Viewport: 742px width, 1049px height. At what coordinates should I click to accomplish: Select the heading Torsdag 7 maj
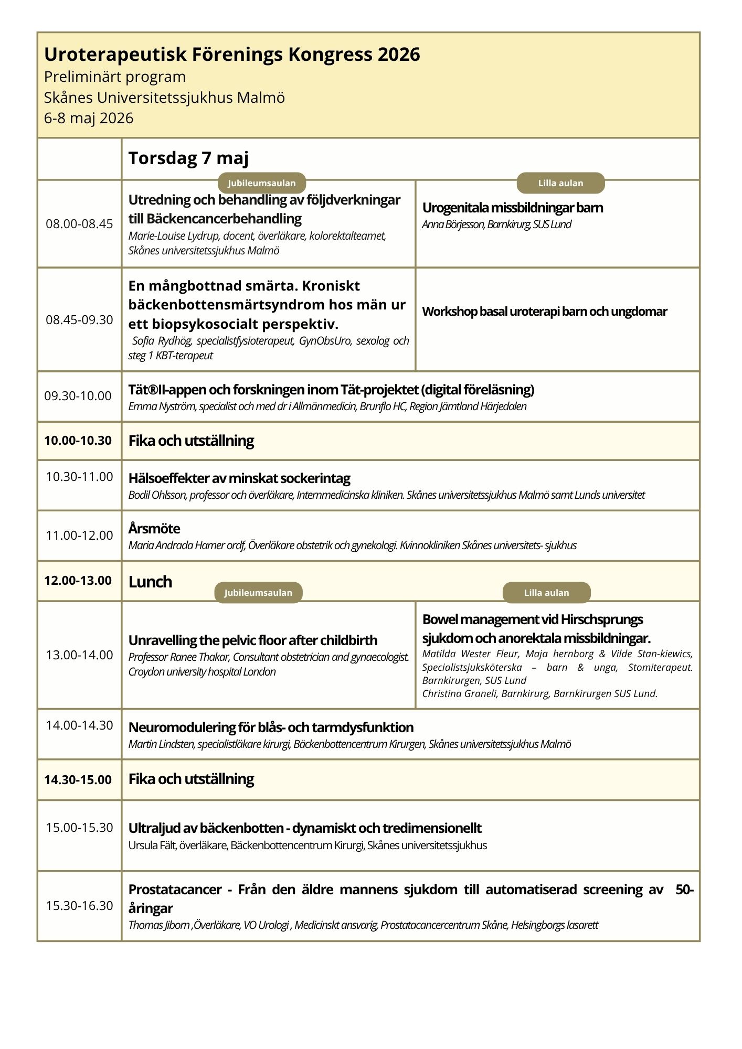[x=188, y=158]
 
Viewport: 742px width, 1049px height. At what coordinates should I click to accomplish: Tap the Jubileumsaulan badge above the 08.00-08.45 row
[x=261, y=183]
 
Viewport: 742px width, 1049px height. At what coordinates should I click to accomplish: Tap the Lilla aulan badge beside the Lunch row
[x=546, y=593]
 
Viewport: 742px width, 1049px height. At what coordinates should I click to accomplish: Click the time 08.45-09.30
[x=79, y=320]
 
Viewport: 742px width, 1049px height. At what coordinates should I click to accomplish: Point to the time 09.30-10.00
[x=78, y=396]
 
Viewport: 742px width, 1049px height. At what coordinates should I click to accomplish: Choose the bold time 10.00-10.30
[x=78, y=441]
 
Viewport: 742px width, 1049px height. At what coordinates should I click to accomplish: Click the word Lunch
[x=150, y=582]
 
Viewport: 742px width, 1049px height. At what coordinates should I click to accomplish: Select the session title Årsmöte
[x=154, y=528]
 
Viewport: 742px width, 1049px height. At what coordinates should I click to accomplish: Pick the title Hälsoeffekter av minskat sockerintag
[x=239, y=478]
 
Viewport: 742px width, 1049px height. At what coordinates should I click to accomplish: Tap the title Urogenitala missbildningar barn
[x=512, y=208]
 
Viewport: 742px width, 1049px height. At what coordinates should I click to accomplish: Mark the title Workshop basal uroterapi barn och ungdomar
[x=544, y=312]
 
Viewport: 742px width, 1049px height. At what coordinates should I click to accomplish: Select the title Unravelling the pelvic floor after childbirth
[x=252, y=640]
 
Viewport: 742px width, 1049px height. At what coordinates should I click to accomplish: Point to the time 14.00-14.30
[x=79, y=725]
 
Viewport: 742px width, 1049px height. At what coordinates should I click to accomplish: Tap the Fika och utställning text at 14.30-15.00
[x=191, y=779]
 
